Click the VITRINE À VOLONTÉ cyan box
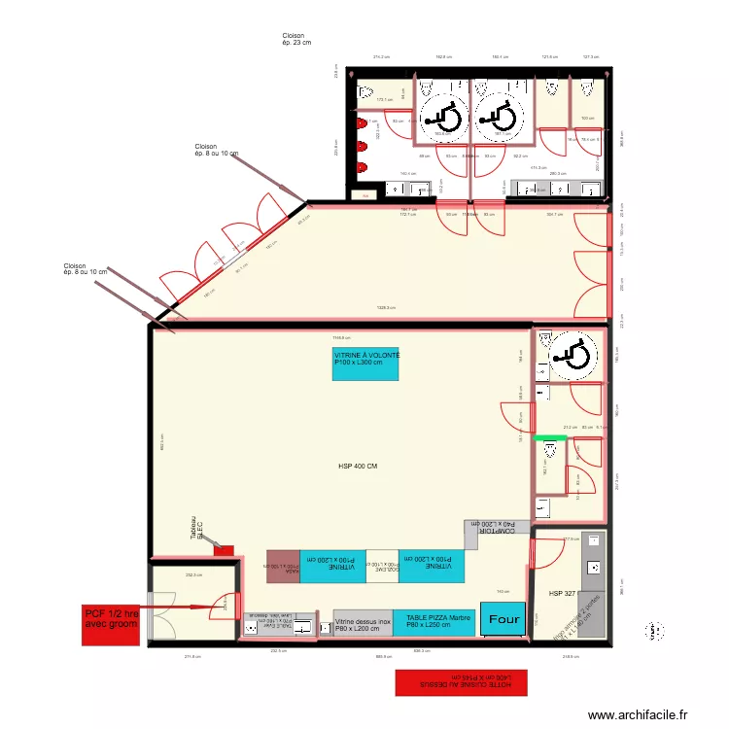pos(366,364)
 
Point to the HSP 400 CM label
pos(357,467)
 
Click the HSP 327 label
pos(563,593)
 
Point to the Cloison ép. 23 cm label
pos(296,39)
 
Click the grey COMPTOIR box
pos(498,528)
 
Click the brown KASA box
pos(283,567)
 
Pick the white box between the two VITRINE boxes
pos(383,566)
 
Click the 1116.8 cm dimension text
pos(340,337)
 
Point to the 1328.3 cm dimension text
pos(386,308)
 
